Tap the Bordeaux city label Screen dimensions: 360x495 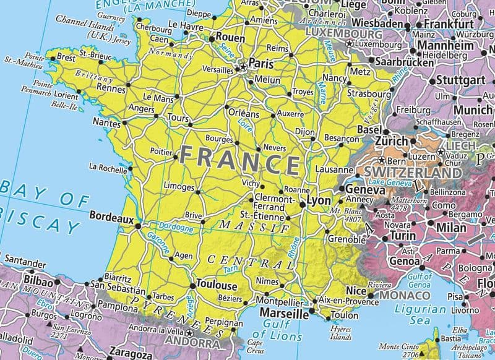[x=111, y=217]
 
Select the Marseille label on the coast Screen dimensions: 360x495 [x=288, y=314]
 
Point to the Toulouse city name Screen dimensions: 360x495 [x=216, y=286]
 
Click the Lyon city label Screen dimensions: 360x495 [x=319, y=201]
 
